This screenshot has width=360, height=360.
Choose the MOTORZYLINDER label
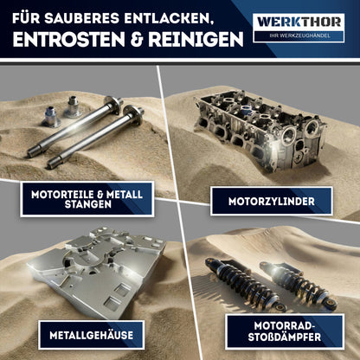pos(270,202)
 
